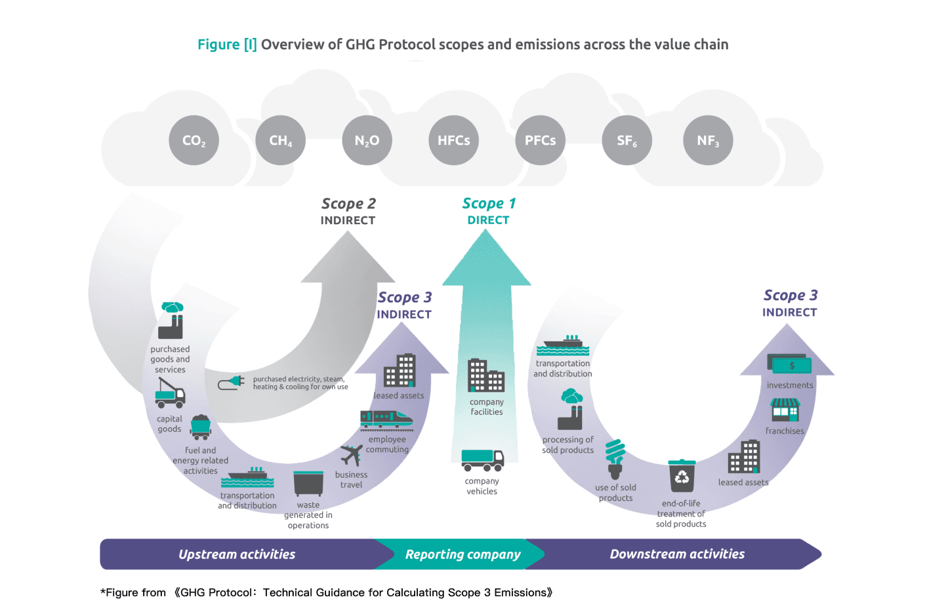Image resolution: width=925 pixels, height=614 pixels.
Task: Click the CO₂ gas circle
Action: (x=194, y=140)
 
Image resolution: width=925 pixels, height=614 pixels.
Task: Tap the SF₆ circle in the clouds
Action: (x=627, y=140)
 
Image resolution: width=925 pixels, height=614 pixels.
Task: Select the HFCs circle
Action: (x=453, y=140)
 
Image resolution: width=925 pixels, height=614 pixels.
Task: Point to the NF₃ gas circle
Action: (x=708, y=140)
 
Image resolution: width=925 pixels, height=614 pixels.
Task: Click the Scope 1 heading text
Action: (x=489, y=204)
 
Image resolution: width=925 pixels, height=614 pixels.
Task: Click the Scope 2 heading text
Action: (x=348, y=204)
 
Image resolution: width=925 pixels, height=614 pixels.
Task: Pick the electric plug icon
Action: (x=232, y=383)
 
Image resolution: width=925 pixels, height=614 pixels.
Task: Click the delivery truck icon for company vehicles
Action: (x=482, y=460)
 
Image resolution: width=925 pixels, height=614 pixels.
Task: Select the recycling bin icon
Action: (x=682, y=476)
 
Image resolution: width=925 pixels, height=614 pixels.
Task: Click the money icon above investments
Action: (x=790, y=366)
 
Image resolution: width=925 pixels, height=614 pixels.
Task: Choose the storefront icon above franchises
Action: (x=785, y=410)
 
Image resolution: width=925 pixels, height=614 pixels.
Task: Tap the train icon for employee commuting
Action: (x=386, y=420)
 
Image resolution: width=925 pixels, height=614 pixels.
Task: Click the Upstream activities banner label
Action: (x=237, y=554)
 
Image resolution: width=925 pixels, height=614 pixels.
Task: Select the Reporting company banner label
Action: (x=462, y=554)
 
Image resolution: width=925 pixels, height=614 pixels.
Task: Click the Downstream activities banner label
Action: (x=677, y=554)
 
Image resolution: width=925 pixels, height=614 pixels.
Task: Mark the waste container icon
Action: (x=308, y=484)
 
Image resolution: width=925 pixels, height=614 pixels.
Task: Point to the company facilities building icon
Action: (x=486, y=375)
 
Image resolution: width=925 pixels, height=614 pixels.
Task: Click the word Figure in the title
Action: (x=218, y=45)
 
